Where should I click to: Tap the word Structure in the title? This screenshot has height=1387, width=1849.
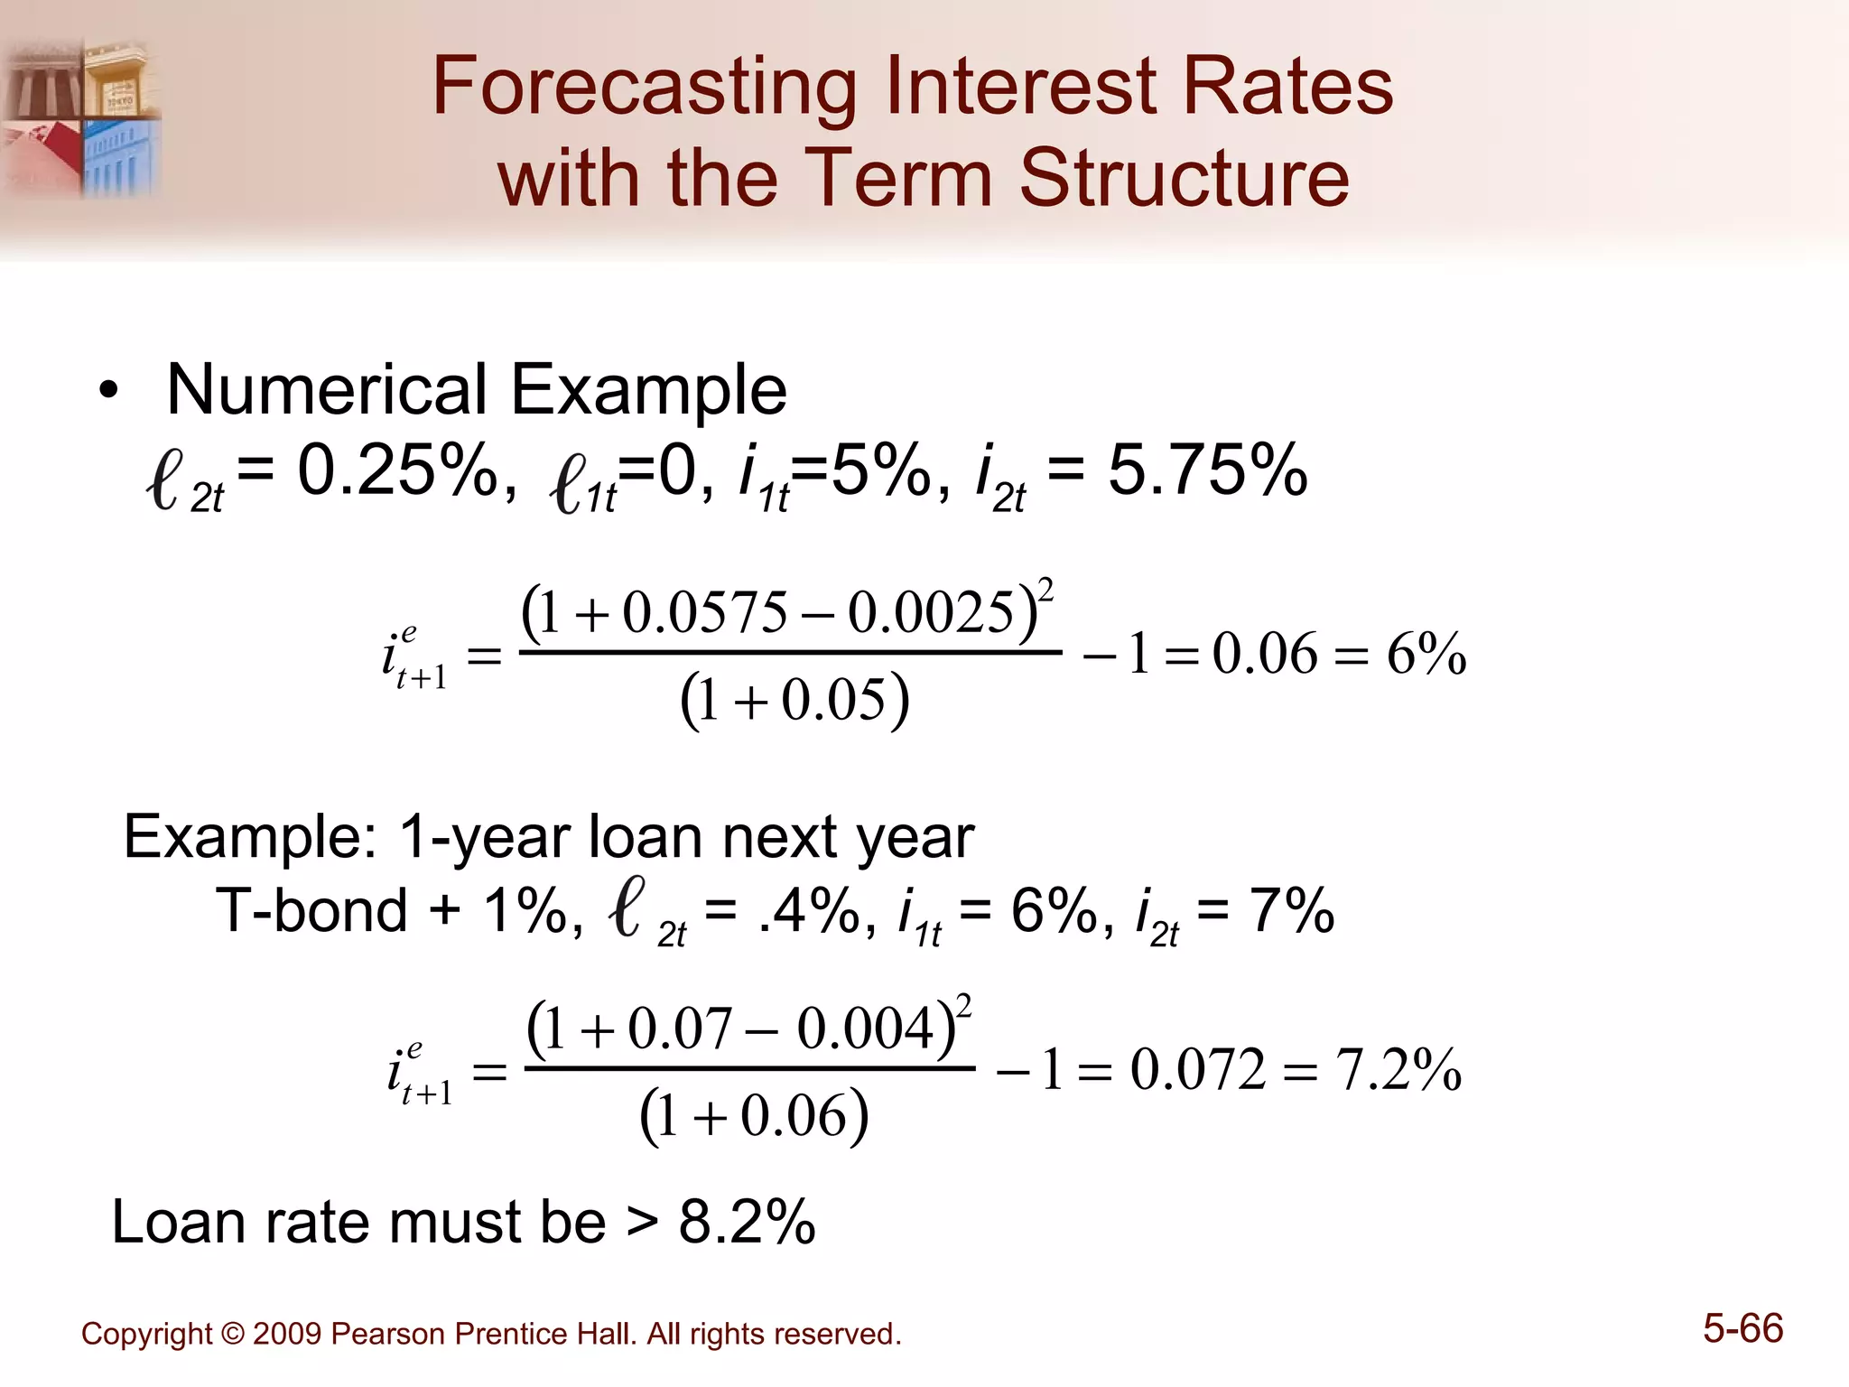click(x=1184, y=178)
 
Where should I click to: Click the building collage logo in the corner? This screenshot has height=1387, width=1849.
click(x=81, y=117)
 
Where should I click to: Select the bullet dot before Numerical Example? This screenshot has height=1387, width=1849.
click(x=109, y=393)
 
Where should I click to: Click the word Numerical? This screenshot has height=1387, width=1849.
click(x=326, y=390)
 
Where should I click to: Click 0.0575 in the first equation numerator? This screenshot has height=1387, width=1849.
click(x=705, y=612)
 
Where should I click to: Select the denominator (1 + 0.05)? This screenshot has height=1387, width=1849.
click(x=794, y=701)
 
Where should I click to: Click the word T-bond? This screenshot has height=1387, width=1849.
click(x=311, y=910)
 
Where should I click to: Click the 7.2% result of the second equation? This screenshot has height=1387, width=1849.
click(x=1398, y=1071)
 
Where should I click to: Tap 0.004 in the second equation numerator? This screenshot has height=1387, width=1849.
click(x=864, y=1029)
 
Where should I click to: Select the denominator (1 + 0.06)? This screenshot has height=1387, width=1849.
click(x=754, y=1117)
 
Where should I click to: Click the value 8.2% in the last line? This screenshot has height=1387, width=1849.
click(x=747, y=1223)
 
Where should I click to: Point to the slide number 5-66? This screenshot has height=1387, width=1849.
click(x=1742, y=1329)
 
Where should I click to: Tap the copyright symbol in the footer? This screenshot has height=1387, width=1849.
click(x=232, y=1334)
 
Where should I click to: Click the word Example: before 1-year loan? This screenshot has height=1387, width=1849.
click(x=250, y=837)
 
